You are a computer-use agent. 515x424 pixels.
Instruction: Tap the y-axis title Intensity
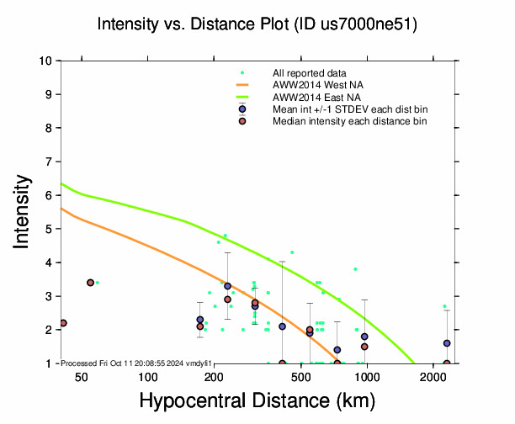click(x=23, y=211)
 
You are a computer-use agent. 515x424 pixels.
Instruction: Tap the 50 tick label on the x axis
click(x=82, y=378)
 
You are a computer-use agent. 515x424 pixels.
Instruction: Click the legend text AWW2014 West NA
click(x=317, y=85)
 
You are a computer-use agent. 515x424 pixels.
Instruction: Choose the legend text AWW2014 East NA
click(x=316, y=97)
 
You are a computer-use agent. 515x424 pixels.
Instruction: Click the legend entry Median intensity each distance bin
click(x=349, y=121)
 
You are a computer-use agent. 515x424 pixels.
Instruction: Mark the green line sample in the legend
click(x=242, y=97)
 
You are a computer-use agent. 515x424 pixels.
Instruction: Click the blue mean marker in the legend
click(x=242, y=109)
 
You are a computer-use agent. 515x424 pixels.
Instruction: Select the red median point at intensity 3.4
click(x=90, y=283)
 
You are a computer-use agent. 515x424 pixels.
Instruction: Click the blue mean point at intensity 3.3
click(x=227, y=286)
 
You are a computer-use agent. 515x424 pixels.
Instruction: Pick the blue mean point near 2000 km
click(x=447, y=343)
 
